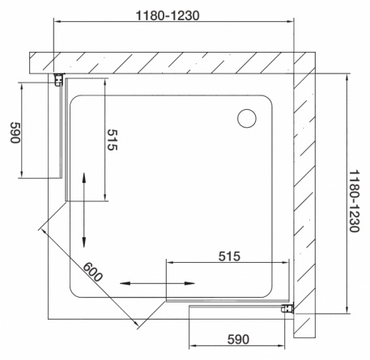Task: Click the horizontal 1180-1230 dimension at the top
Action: point(168,15)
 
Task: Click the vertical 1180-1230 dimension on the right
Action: point(355,201)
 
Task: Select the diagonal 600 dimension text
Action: point(92,272)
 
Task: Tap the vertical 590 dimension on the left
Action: point(15,133)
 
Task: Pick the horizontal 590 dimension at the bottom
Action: point(238,340)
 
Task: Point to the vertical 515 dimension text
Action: point(113,140)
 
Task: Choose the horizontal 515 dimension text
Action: point(229,256)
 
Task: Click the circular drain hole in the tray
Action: point(247,118)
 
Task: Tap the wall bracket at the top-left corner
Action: point(59,79)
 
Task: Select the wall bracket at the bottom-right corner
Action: point(287,307)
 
